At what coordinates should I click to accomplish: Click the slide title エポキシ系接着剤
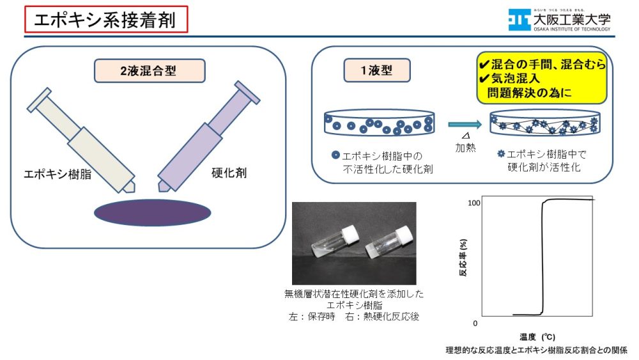[x=106, y=19]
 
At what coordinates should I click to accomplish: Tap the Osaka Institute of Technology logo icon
[x=519, y=20]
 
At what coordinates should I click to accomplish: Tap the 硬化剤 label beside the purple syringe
[x=229, y=173]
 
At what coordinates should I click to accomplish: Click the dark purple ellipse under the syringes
[x=151, y=212]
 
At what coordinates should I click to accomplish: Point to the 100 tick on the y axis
[x=473, y=203]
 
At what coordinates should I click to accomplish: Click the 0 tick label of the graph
[x=475, y=324]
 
